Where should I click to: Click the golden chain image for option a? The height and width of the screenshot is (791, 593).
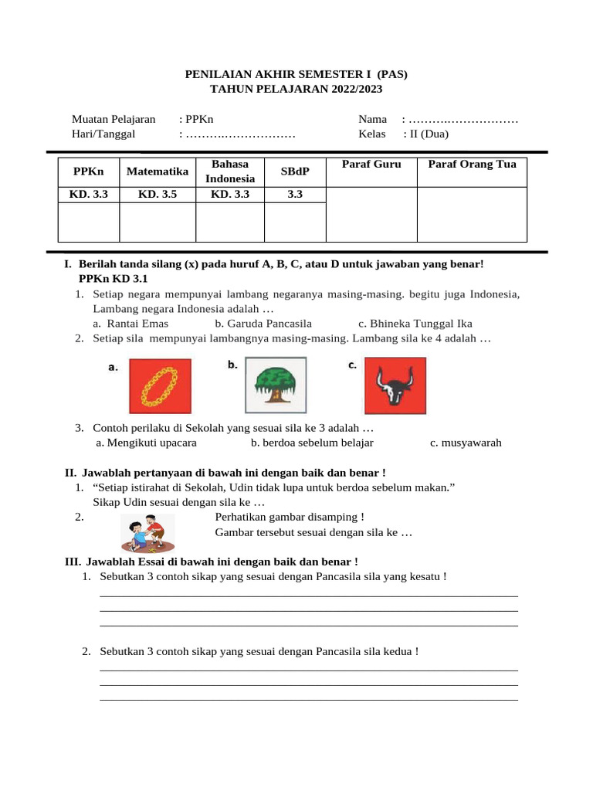tap(159, 385)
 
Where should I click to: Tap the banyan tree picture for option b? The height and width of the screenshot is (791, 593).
tap(276, 385)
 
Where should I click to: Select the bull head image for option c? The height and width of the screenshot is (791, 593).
tap(395, 385)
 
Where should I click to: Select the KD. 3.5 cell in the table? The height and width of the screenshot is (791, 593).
tap(158, 195)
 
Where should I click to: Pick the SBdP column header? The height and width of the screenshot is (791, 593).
tap(295, 171)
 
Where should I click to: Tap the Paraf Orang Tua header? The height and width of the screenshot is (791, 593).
tap(472, 165)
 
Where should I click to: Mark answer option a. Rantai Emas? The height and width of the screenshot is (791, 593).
tap(130, 324)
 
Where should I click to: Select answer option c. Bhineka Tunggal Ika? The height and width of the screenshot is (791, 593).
tap(415, 324)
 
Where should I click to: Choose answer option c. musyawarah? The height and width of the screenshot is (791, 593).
tap(466, 443)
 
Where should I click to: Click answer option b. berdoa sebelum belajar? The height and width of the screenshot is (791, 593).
tap(312, 443)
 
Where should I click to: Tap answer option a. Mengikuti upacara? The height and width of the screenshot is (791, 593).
tap(146, 443)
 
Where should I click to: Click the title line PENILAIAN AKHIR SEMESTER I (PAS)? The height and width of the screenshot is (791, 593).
tap(296, 74)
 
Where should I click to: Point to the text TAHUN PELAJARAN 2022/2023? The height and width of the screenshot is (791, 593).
tap(296, 89)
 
